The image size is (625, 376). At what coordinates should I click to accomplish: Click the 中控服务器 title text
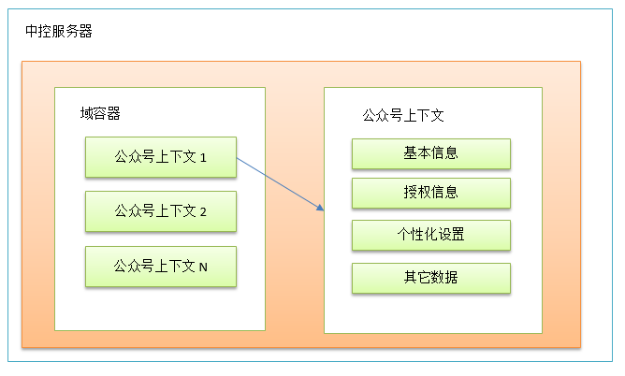point(59,31)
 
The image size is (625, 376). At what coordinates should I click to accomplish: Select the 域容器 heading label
point(100,113)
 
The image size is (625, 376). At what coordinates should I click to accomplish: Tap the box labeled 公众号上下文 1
point(161,157)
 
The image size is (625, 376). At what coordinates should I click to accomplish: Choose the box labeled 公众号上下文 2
point(161,211)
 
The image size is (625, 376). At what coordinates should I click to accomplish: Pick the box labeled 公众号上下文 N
point(161,266)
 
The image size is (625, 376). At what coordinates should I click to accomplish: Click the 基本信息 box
point(431,153)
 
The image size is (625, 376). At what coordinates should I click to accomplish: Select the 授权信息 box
point(431,193)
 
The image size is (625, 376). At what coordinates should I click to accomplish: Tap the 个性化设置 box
point(431,235)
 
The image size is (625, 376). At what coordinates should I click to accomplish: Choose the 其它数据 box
point(431,278)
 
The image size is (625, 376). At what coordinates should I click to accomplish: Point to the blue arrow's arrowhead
point(321,208)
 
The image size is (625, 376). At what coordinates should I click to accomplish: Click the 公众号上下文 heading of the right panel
point(403,115)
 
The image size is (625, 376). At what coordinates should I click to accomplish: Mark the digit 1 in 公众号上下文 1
point(203,158)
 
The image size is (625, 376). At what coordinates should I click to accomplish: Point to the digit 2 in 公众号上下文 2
point(203,212)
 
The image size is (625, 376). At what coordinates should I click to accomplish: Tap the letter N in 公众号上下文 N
point(203,267)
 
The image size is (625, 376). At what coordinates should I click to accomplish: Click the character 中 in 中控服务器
point(32,31)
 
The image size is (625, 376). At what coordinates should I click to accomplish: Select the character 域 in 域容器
point(86,113)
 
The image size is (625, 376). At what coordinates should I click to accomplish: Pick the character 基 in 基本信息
point(411,153)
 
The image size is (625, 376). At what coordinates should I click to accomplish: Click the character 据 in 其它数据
point(451,277)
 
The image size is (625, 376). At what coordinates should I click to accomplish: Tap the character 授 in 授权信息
point(411,193)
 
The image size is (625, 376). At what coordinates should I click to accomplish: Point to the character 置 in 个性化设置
point(458,234)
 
